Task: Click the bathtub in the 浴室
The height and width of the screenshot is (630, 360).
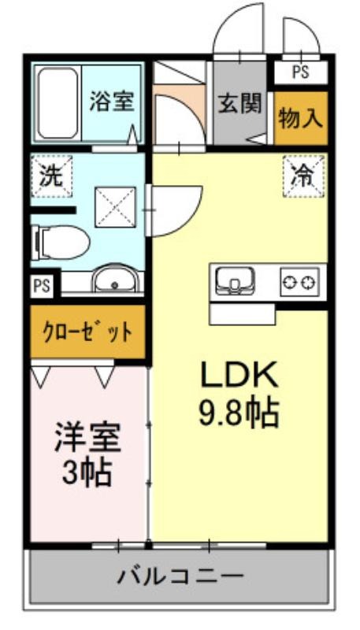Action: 58,103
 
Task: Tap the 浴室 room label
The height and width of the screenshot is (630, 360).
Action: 111,102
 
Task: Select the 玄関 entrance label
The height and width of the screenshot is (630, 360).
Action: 239,103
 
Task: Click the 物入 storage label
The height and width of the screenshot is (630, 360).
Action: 301,118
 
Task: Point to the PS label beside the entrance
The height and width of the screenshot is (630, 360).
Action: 301,72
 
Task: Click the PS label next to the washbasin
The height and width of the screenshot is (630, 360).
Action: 43,286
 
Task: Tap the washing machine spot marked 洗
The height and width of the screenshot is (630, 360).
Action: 51,176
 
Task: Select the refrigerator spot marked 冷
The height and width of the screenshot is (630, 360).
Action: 304,176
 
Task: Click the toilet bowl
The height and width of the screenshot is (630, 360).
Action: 61,243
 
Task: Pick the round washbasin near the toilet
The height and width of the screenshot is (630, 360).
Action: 115,279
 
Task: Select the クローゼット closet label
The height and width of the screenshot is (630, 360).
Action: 87,332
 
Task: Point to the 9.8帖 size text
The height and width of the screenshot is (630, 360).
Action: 239,413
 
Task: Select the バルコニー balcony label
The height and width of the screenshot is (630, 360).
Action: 180,576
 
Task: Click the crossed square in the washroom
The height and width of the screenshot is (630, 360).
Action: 115,207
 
